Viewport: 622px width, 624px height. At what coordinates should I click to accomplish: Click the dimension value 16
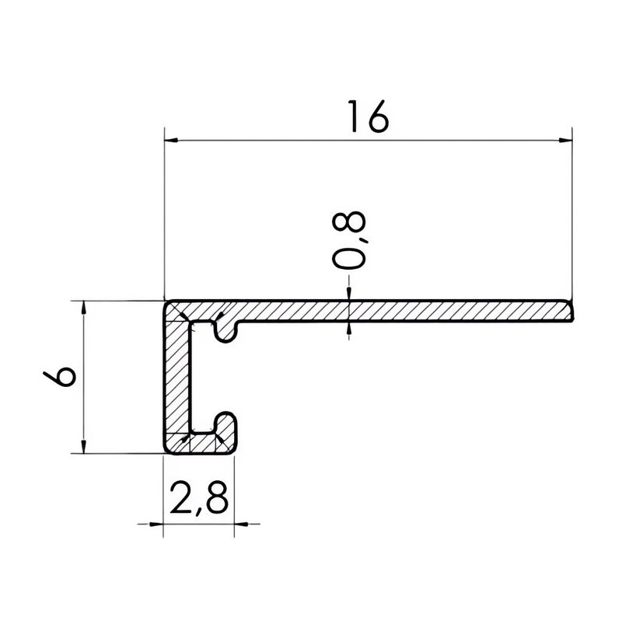coord(368,116)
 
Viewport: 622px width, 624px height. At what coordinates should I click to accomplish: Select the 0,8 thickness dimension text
coord(348,241)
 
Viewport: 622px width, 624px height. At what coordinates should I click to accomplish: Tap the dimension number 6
coord(59,376)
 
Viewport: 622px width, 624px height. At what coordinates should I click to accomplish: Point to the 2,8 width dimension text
coord(199,498)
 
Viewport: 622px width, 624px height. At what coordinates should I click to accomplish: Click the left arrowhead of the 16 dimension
coord(171,140)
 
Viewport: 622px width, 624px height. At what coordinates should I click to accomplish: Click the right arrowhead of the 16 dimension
coord(565,140)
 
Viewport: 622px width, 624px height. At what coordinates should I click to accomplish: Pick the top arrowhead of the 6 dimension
coord(83,308)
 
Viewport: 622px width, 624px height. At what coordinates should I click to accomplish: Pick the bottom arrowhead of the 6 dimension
coord(83,446)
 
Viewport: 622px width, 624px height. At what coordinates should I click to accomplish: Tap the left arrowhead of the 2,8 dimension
coord(156,524)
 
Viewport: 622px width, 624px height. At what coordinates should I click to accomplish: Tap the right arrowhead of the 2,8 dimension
coord(241,524)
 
